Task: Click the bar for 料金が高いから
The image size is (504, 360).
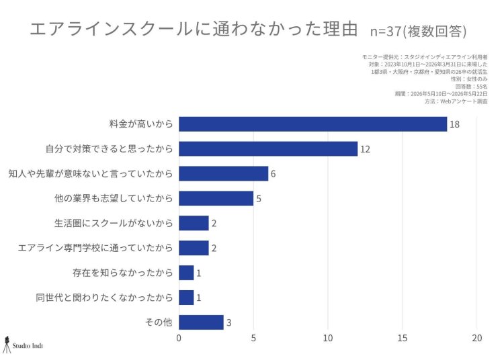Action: [x=312, y=124]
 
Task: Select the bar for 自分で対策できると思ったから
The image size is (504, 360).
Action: [x=268, y=148]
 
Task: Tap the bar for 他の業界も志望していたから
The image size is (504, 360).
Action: [x=216, y=198]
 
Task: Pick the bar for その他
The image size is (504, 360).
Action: [x=201, y=322]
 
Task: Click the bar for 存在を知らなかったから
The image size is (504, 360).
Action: [x=186, y=273]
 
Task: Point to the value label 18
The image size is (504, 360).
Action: [x=454, y=124]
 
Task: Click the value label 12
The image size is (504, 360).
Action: [x=365, y=149]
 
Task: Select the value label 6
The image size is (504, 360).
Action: [x=274, y=174]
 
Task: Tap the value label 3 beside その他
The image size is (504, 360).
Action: [x=229, y=322]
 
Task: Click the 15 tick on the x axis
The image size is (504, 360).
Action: [x=402, y=338]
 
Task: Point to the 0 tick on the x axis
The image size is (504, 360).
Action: [x=179, y=338]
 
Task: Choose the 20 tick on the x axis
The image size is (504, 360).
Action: [x=477, y=338]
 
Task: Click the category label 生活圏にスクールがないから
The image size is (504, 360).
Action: [x=114, y=223]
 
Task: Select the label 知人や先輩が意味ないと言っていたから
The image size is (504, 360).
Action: [x=91, y=173]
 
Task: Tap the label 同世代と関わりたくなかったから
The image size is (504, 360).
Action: [x=104, y=298]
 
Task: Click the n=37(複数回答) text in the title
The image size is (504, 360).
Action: [x=418, y=31]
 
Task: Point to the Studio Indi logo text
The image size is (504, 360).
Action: [x=28, y=346]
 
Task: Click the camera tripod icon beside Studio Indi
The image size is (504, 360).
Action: [x=7, y=345]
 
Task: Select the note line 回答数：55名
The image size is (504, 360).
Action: [x=471, y=87]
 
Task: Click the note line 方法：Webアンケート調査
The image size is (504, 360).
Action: [x=456, y=101]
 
